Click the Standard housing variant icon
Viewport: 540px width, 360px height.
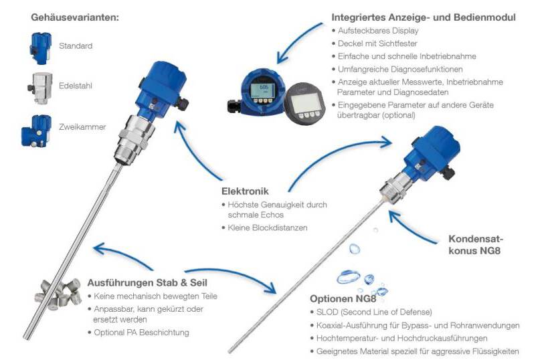coord(40,48)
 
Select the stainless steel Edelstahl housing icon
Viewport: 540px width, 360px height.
coord(40,88)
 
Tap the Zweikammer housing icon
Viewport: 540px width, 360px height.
coord(37,131)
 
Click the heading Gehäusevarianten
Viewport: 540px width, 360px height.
coord(75,17)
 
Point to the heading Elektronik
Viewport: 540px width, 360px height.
coord(245,191)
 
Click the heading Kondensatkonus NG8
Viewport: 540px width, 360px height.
coord(476,245)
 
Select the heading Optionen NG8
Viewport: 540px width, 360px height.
coord(343,298)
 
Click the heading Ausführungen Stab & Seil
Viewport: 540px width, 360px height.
coord(147,283)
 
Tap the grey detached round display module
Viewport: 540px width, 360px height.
coord(305,103)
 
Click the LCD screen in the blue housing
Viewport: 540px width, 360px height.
coord(262,90)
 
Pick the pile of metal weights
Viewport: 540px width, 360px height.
coord(58,294)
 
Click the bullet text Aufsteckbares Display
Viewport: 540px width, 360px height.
coord(378,31)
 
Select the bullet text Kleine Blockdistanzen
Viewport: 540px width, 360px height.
coord(268,228)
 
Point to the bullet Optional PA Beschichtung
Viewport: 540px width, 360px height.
coord(142,333)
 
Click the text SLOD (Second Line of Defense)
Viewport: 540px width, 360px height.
coord(374,312)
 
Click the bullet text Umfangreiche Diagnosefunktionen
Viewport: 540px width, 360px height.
coord(400,69)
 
